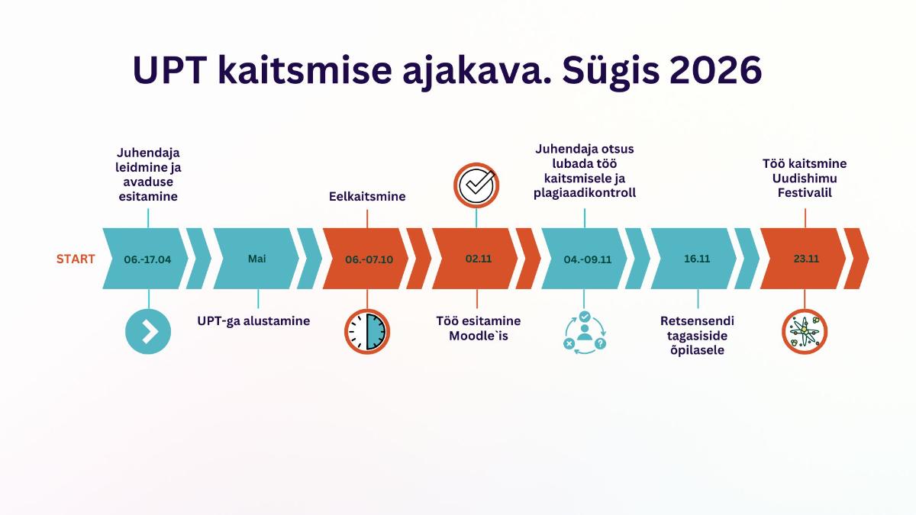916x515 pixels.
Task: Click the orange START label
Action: (x=76, y=259)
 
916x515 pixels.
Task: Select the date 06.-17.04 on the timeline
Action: (x=147, y=259)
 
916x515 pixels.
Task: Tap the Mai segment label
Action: (x=256, y=259)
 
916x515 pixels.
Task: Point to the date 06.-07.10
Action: (x=369, y=259)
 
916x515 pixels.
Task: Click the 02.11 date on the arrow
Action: (x=479, y=259)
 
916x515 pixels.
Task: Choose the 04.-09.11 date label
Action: (x=588, y=259)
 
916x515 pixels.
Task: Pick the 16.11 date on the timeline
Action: (x=697, y=259)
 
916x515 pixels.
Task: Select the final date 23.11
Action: (x=806, y=259)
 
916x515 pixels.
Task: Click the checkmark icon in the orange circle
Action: (x=476, y=185)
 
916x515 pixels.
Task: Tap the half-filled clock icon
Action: (x=367, y=331)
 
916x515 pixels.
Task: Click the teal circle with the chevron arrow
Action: (x=148, y=331)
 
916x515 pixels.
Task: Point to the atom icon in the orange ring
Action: (x=805, y=331)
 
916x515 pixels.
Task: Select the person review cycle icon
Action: (x=585, y=333)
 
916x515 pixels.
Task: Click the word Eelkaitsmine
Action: (x=367, y=197)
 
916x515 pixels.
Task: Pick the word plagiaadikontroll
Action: (x=585, y=193)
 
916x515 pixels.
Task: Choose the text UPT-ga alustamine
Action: (x=253, y=321)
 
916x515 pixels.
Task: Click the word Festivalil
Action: (x=805, y=193)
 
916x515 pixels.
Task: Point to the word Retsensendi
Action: (x=697, y=321)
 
